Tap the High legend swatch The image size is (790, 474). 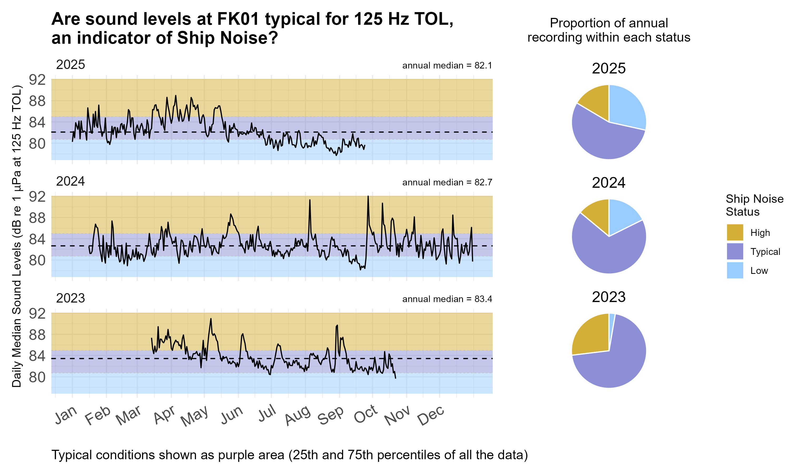pos(734,232)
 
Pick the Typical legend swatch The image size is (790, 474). pos(734,251)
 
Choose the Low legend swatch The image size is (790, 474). pos(734,270)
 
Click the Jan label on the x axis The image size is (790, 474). pos(66,415)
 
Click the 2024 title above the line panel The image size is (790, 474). pos(70,181)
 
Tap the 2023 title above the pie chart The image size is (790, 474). pos(608,297)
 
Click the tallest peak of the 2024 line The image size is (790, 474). pos(368,197)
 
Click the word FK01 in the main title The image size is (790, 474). pos(238,19)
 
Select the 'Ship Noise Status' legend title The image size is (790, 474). pos(754,205)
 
